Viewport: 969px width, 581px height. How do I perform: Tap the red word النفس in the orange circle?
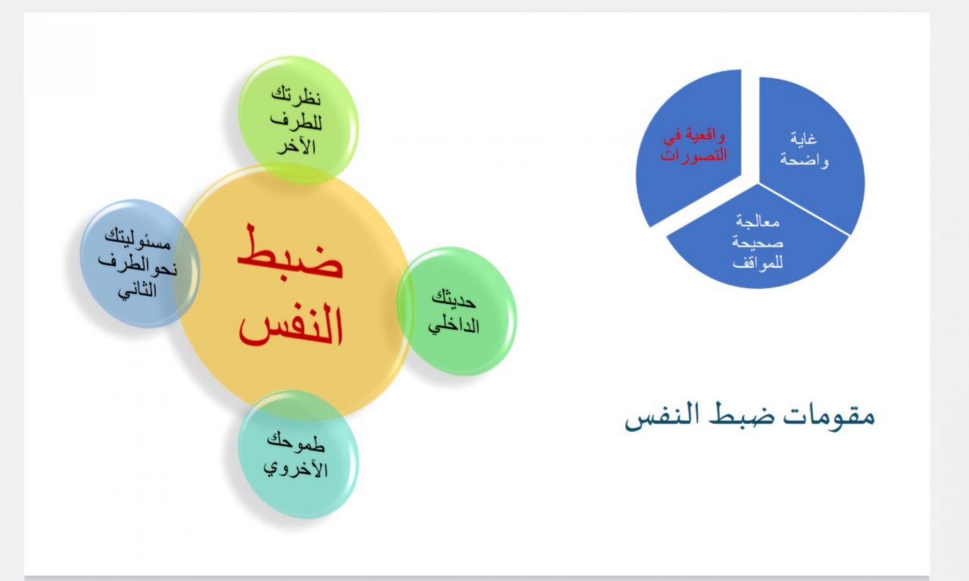[x=291, y=324]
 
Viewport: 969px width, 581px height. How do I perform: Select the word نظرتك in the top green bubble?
[x=296, y=95]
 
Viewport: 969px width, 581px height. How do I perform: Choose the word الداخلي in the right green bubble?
[x=453, y=325]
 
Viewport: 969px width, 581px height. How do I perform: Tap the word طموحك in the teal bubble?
[x=296, y=442]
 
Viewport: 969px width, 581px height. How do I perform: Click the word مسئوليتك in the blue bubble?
[x=138, y=239]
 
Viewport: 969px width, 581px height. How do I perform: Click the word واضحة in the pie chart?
[x=804, y=160]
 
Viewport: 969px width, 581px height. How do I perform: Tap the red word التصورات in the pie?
[x=694, y=155]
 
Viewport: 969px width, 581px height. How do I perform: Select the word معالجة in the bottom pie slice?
[x=758, y=222]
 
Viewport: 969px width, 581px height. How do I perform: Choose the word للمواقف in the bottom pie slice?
[x=758, y=263]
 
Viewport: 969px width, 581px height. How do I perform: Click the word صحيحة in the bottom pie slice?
[x=758, y=242]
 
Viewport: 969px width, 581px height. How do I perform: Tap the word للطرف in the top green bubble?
[x=296, y=121]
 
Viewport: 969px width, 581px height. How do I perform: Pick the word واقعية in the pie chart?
[x=701, y=136]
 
